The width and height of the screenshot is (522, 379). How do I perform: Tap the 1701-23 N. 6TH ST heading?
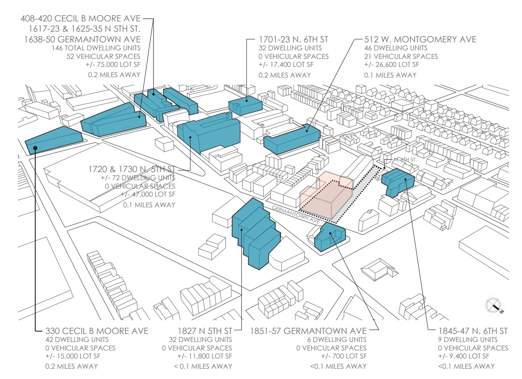[x=293, y=40]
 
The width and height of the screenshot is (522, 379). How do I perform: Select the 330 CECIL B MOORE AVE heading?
[x=97, y=331]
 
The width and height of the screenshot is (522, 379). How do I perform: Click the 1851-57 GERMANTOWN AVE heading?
[x=308, y=331]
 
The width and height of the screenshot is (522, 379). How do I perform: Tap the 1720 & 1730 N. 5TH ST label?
[x=132, y=169]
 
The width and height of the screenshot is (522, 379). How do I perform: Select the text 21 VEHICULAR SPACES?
[x=401, y=57]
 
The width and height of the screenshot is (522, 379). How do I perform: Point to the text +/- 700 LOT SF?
[x=344, y=356]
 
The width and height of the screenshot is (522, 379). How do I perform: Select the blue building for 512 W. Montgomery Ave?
[x=292, y=139]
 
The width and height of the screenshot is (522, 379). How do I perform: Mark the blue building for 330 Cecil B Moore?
[x=54, y=138]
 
